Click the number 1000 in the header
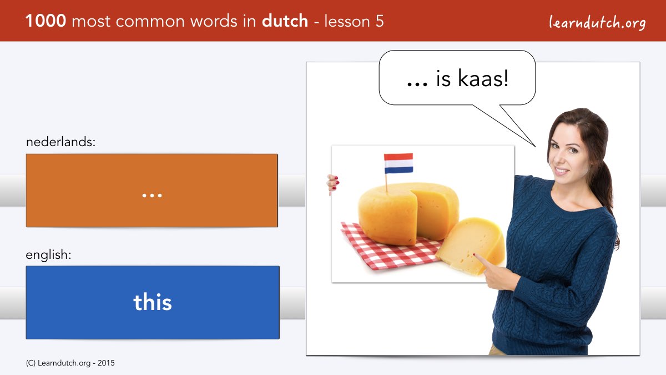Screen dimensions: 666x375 pos(46,21)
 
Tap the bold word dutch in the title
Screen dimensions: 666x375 pos(285,21)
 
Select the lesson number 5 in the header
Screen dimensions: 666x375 pos(380,21)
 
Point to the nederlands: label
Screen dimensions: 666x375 pos(60,142)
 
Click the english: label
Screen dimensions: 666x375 pos(48,255)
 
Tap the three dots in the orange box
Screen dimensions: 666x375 pos(152,196)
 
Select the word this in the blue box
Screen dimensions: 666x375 pos(153,302)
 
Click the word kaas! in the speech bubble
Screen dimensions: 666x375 pos(483,78)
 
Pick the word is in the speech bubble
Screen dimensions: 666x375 pos(443,78)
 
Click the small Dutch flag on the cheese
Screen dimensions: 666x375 pos(398,163)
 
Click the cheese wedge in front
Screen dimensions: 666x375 pos(471,246)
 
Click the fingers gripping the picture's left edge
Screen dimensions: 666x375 pos(332,183)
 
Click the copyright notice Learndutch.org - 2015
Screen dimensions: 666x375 pos(70,363)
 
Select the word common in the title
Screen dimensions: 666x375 pos(150,22)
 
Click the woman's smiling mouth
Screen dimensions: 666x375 pos(561,171)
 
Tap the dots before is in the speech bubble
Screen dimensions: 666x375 pos(417,84)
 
